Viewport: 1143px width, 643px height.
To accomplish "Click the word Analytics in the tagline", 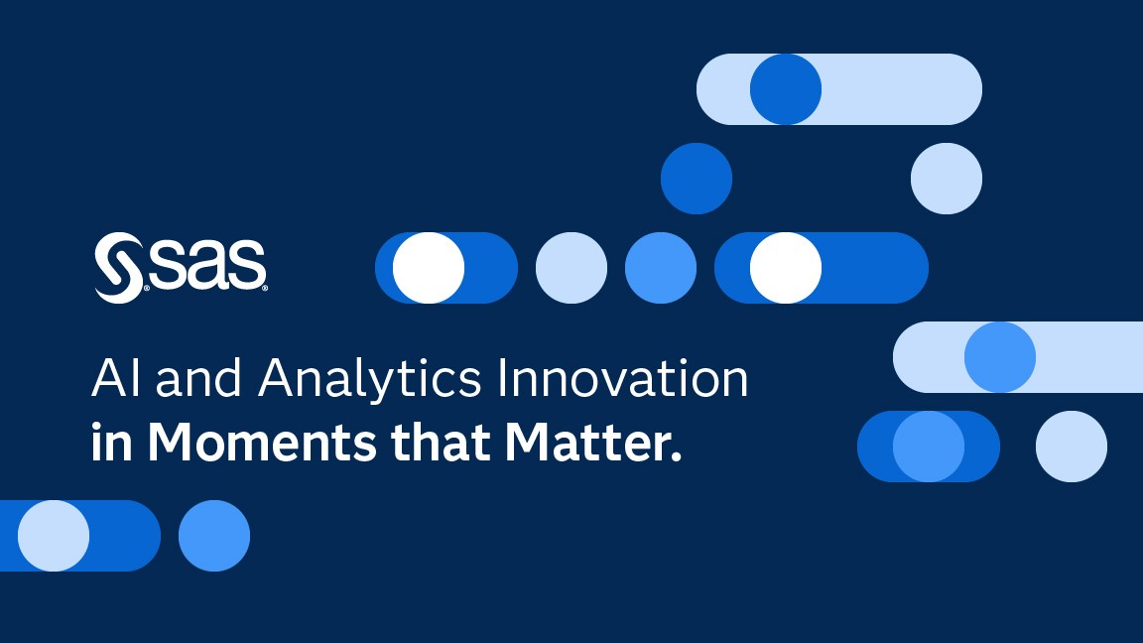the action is pyautogui.click(x=369, y=379).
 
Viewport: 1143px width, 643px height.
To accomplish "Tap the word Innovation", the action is pyautogui.click(x=622, y=378).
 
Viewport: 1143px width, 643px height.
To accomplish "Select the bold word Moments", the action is pyautogui.click(x=262, y=442).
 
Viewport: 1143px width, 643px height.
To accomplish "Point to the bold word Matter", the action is pyautogui.click(x=593, y=442).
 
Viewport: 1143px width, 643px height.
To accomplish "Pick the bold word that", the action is pyautogui.click(x=441, y=442).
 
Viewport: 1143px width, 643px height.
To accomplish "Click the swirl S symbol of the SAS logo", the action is pyautogui.click(x=119, y=268).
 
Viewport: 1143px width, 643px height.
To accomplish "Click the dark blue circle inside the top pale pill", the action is pyautogui.click(x=786, y=89).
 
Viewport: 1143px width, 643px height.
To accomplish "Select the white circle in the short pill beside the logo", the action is pyautogui.click(x=429, y=268).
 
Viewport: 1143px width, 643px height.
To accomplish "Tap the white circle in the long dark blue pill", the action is pyautogui.click(x=786, y=268).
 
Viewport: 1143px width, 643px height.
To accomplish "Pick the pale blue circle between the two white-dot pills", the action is pyautogui.click(x=571, y=268).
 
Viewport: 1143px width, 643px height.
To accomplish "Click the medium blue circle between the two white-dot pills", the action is pyautogui.click(x=661, y=268).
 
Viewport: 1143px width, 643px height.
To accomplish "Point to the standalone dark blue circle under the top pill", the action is pyautogui.click(x=697, y=179).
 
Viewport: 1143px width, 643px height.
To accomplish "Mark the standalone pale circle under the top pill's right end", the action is pyautogui.click(x=947, y=179).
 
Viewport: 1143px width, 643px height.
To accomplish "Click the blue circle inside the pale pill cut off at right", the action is pyautogui.click(x=1000, y=357).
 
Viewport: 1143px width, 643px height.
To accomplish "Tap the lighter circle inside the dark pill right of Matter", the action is pyautogui.click(x=929, y=447).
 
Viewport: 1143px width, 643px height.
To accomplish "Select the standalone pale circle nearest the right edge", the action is pyautogui.click(x=1072, y=447).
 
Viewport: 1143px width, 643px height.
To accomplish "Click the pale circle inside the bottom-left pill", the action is pyautogui.click(x=54, y=536).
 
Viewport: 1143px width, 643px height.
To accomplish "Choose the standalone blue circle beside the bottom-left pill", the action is pyautogui.click(x=214, y=536).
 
